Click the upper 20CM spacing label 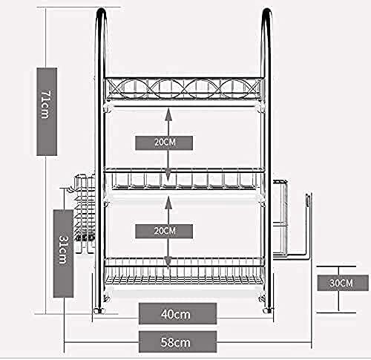pos(164,143)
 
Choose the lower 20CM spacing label pos(164,232)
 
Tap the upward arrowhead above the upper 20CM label pos(168,114)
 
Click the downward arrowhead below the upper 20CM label pos(168,175)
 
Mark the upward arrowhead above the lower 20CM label pos(168,203)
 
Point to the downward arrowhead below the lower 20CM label pos(168,262)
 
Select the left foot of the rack pos(99,310)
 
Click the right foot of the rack pos(268,310)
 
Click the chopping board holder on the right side pos(292,220)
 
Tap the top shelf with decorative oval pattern pos(184,89)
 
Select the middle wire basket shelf pos(184,179)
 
